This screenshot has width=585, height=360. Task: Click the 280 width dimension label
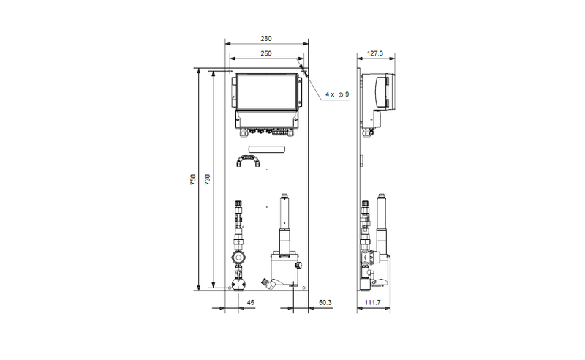[x=266, y=39]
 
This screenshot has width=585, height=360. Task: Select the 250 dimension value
[x=266, y=53]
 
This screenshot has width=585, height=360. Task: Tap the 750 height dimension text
[x=193, y=179]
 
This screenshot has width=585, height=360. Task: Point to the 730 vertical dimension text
[x=208, y=179]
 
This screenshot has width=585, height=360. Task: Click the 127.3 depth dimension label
[x=375, y=53]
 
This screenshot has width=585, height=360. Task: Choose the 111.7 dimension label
[x=372, y=302]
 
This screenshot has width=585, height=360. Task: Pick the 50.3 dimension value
[x=325, y=302]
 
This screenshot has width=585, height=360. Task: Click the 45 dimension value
[x=251, y=302]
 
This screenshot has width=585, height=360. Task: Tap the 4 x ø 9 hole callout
[x=337, y=94]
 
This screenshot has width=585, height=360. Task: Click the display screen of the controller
[x=267, y=92]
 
